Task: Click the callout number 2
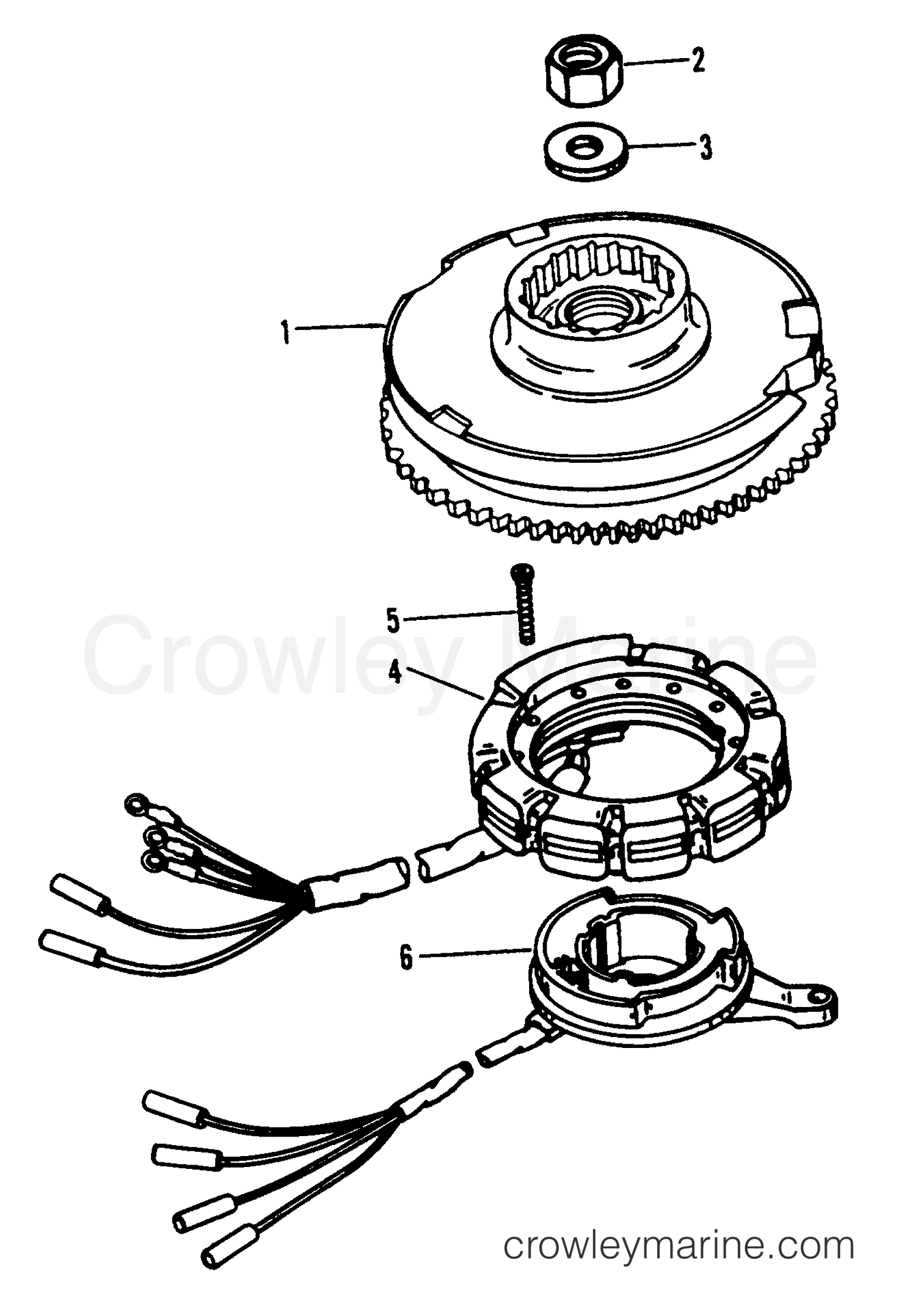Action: coord(698,60)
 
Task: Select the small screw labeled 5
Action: coord(524,610)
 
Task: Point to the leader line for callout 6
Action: coord(474,954)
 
